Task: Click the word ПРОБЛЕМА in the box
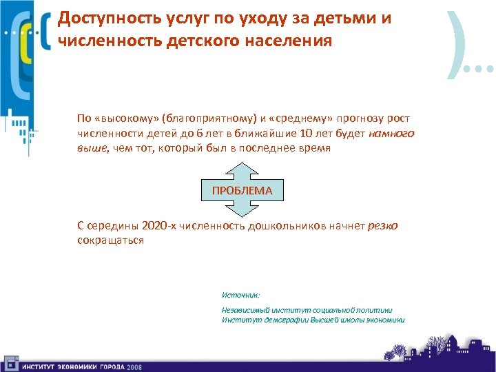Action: tap(242, 190)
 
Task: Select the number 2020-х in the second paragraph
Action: tap(158, 226)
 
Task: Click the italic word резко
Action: tap(383, 226)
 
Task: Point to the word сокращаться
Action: tap(110, 240)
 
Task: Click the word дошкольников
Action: tap(287, 226)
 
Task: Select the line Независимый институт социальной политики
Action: tap(307, 310)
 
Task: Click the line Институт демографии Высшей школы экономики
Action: tap(313, 320)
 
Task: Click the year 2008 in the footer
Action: tap(134, 366)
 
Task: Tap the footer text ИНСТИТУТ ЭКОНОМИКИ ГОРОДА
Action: tap(72, 366)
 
